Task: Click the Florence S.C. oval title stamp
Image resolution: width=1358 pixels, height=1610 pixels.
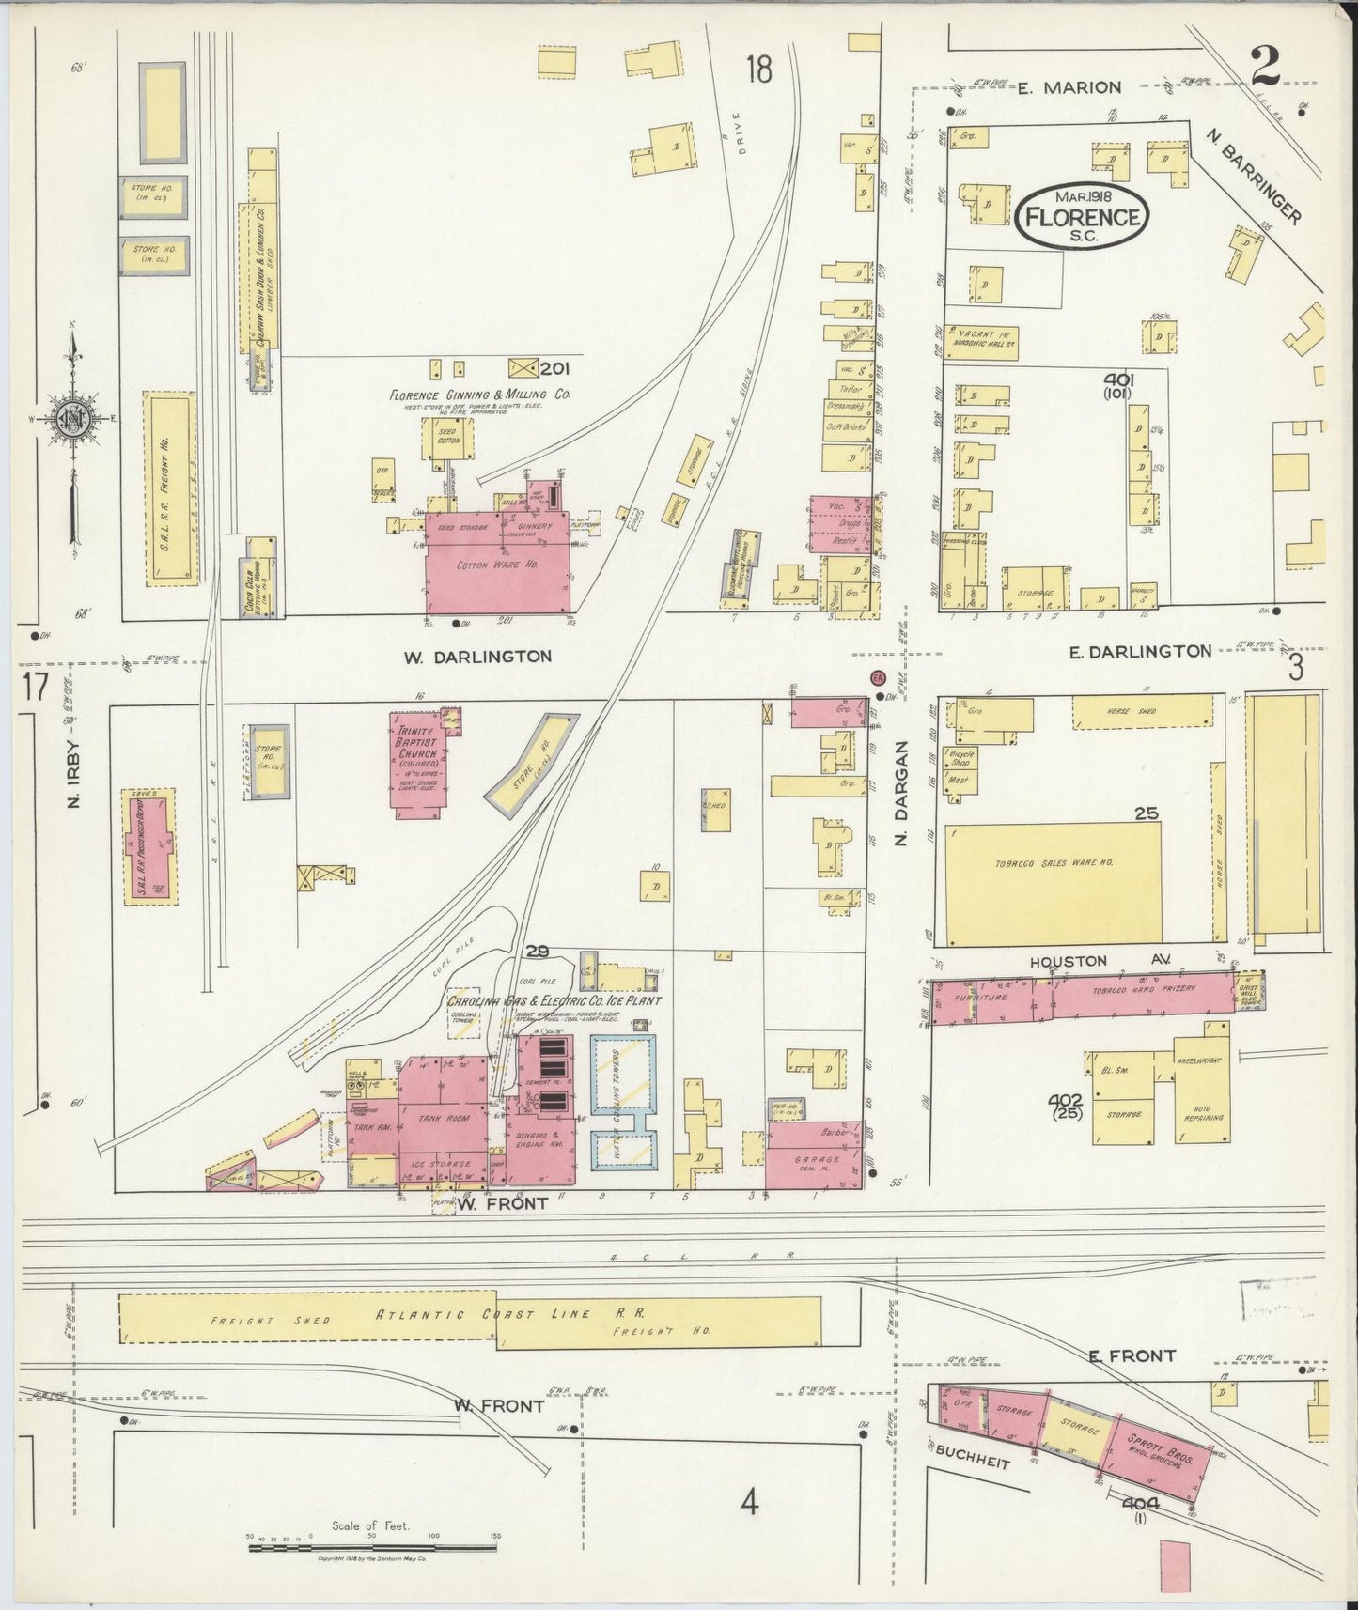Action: (x=1083, y=215)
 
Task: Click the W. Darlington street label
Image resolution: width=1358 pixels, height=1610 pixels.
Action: (x=477, y=656)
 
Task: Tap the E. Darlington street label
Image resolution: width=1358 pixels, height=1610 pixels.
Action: (x=1141, y=650)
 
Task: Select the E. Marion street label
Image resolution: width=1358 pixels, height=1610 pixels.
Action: (x=1070, y=87)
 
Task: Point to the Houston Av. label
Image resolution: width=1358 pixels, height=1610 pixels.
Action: (x=1094, y=961)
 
